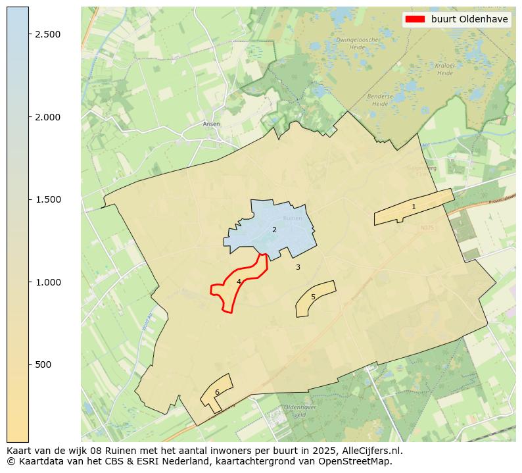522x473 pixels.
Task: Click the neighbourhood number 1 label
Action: [x=414, y=207]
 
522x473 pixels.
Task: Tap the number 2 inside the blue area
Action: [x=274, y=230]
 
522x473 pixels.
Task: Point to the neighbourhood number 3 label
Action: [x=298, y=267]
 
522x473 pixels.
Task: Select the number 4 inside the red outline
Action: [x=239, y=282]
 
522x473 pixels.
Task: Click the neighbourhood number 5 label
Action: [x=313, y=297]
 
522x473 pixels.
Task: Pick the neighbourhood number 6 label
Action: [x=217, y=392]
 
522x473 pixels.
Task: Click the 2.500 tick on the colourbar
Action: [x=47, y=34]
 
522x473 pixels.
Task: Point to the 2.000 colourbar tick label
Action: [x=47, y=117]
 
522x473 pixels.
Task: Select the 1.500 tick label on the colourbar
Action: [x=47, y=199]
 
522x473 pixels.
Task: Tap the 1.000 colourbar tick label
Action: [x=47, y=282]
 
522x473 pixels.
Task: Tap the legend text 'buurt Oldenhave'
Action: [x=469, y=19]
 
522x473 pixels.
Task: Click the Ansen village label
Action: [x=212, y=124]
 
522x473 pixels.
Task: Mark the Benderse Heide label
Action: [x=379, y=100]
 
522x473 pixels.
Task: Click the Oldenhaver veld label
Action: [x=300, y=411]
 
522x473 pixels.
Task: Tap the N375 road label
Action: [x=427, y=228]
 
